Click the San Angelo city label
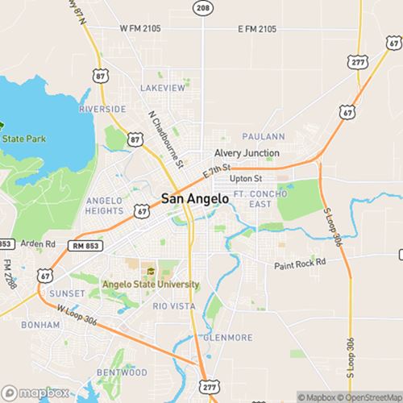(196, 197)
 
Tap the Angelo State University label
(151, 284)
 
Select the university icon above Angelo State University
(150, 271)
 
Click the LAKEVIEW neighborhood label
(162, 87)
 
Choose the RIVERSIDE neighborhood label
(102, 109)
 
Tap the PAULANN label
(263, 137)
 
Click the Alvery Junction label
(247, 153)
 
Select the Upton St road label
(246, 178)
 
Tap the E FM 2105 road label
(257, 29)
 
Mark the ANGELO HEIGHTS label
(103, 206)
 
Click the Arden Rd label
(39, 243)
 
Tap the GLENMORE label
(228, 337)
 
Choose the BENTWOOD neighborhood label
(122, 372)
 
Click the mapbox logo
(35, 393)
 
